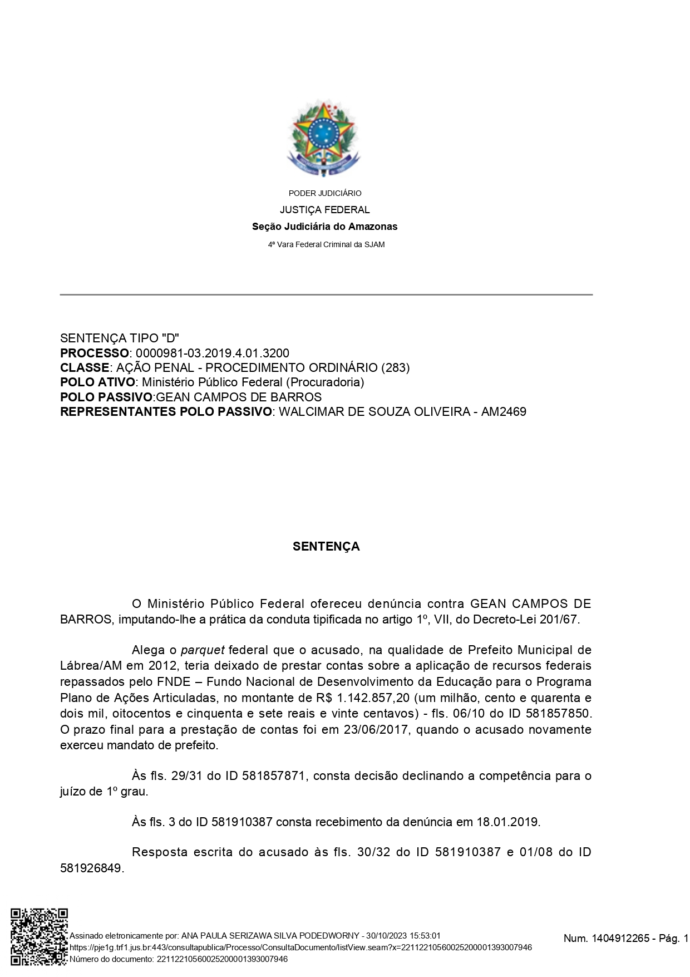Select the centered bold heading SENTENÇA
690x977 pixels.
[326, 547]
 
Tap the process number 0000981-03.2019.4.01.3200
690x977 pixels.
[213, 354]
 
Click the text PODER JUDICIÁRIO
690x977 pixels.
[325, 193]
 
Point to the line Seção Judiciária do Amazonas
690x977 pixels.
[325, 227]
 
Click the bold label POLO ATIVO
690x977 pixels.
[97, 382]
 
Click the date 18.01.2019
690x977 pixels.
[507, 822]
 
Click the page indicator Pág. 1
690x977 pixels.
[673, 939]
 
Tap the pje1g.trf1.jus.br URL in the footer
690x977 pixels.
[300, 947]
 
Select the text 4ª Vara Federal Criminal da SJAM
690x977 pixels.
[326, 244]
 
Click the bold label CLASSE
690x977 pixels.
[85, 368]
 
